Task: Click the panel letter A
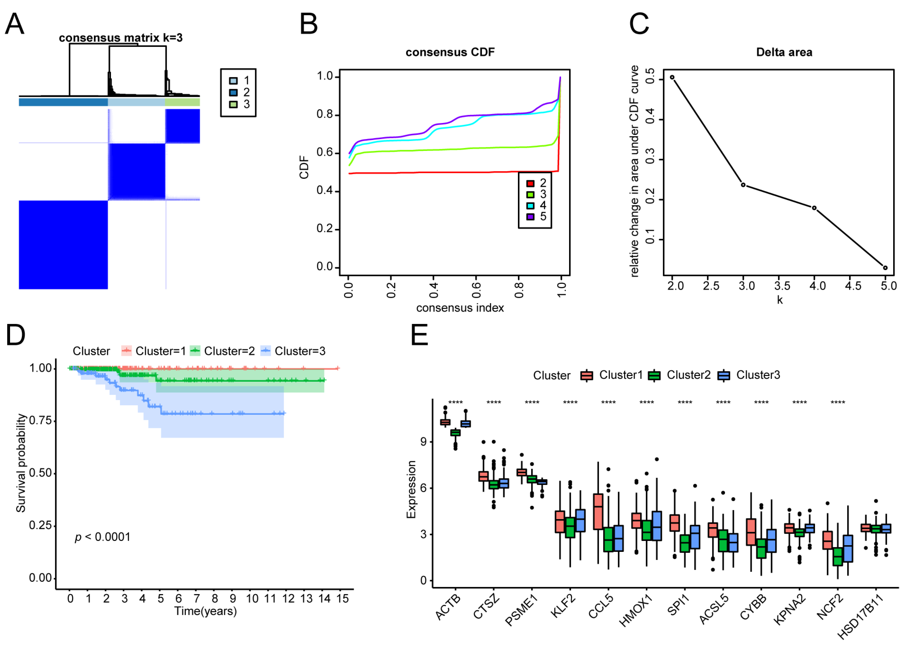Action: point(15,24)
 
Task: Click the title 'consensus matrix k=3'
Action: point(120,38)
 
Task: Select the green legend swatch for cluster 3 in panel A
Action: point(234,104)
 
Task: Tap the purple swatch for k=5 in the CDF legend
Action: point(530,217)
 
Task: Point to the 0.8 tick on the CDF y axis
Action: point(325,115)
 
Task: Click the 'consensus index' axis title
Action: point(460,308)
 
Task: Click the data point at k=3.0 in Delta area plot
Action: point(743,185)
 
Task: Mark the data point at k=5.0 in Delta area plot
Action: point(885,268)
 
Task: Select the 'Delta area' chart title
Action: point(784,52)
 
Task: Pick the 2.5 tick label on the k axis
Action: point(711,286)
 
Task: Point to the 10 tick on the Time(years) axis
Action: point(252,599)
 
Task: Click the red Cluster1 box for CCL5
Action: point(598,512)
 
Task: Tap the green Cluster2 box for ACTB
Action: point(455,433)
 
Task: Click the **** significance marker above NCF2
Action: point(838,403)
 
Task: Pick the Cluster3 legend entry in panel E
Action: point(757,375)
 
